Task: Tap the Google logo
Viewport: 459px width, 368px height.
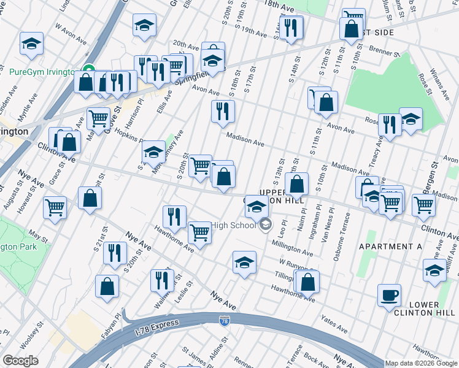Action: point(20,361)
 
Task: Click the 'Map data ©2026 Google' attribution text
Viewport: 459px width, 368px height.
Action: point(420,363)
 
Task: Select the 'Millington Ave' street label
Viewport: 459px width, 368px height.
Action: point(293,250)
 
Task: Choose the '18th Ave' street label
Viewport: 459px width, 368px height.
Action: point(284,6)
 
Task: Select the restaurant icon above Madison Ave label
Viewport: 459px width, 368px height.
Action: point(223,111)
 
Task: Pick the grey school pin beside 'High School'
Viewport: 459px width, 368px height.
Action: point(265,225)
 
